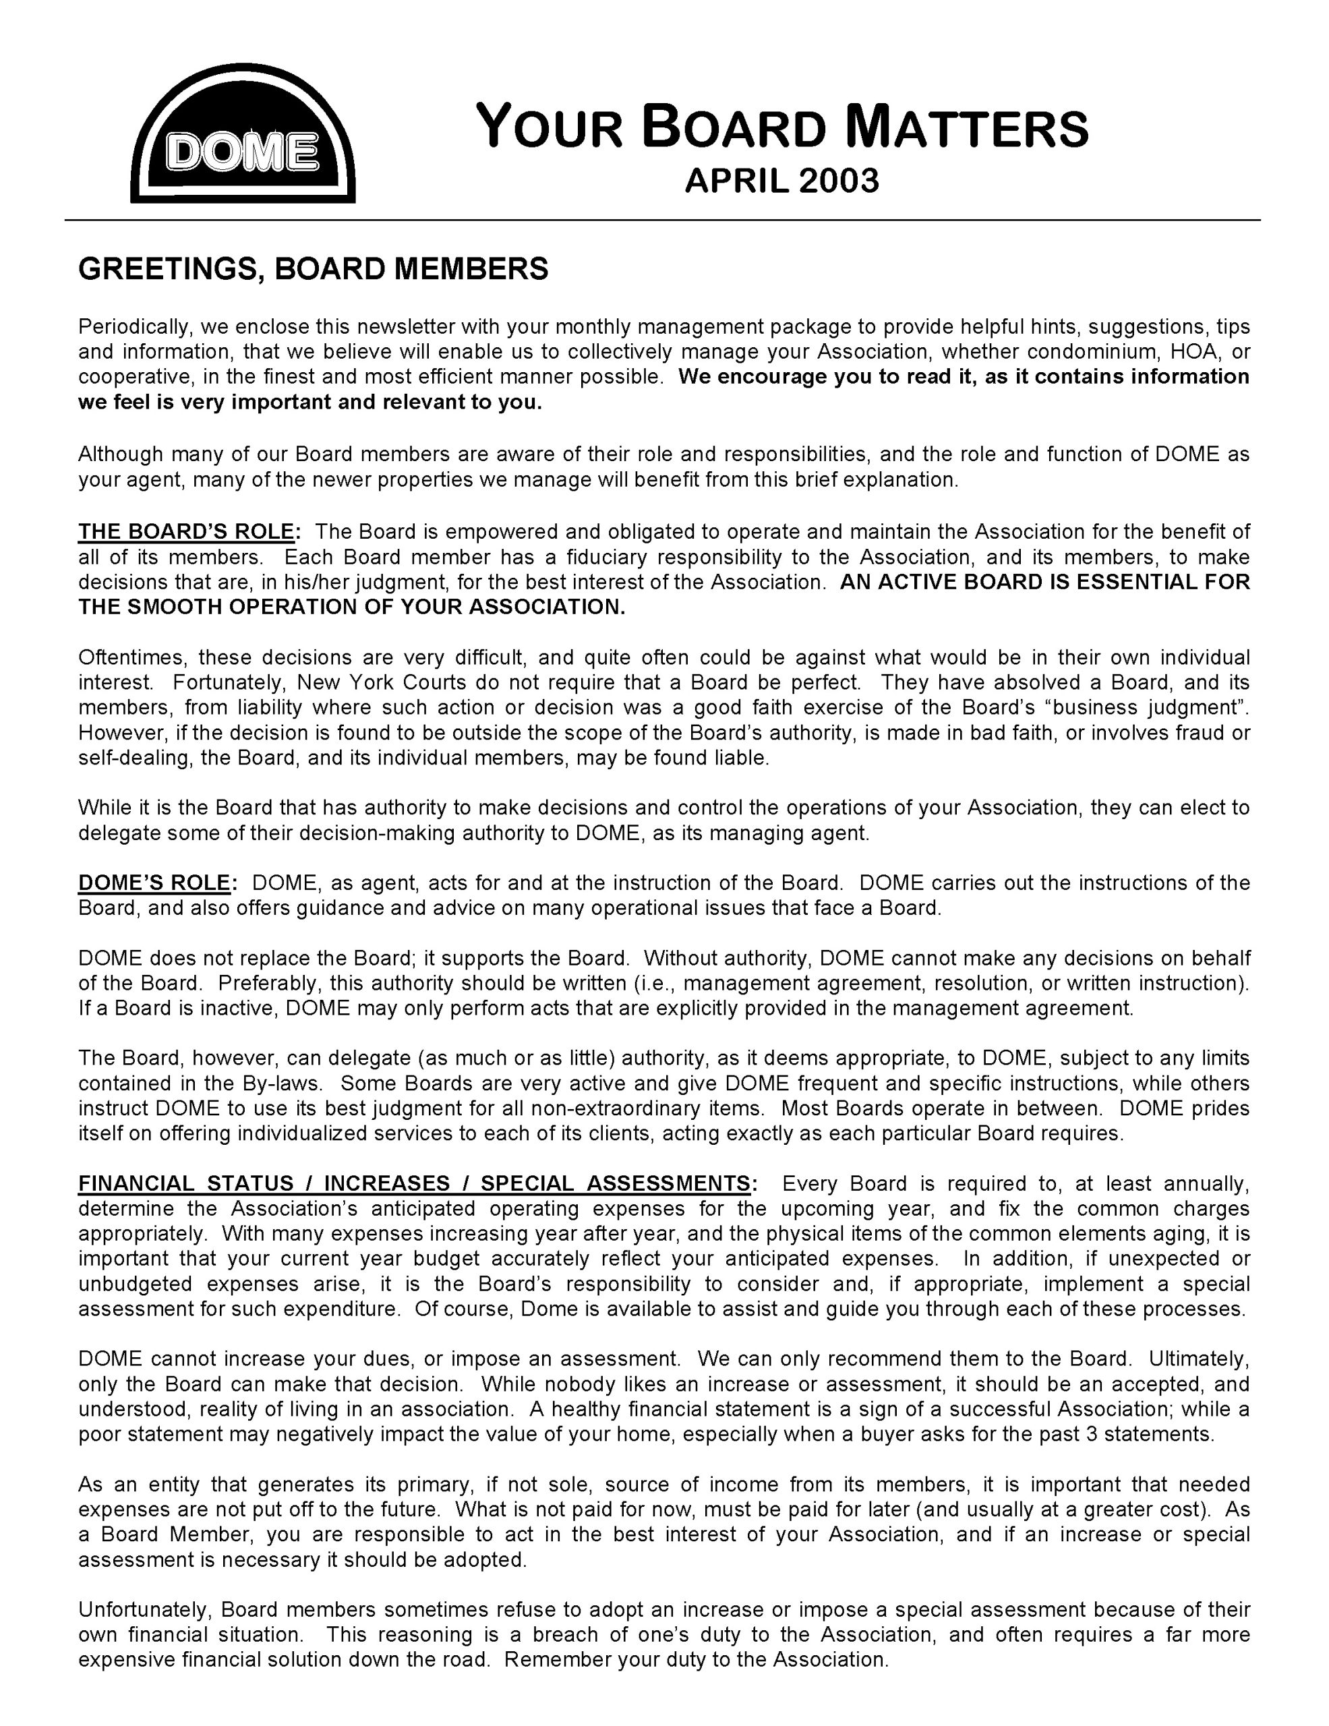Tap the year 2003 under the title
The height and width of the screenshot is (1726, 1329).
click(x=838, y=181)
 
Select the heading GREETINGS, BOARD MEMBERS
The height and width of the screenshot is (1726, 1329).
click(x=313, y=269)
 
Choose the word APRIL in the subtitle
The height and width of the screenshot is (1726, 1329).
click(x=736, y=181)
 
